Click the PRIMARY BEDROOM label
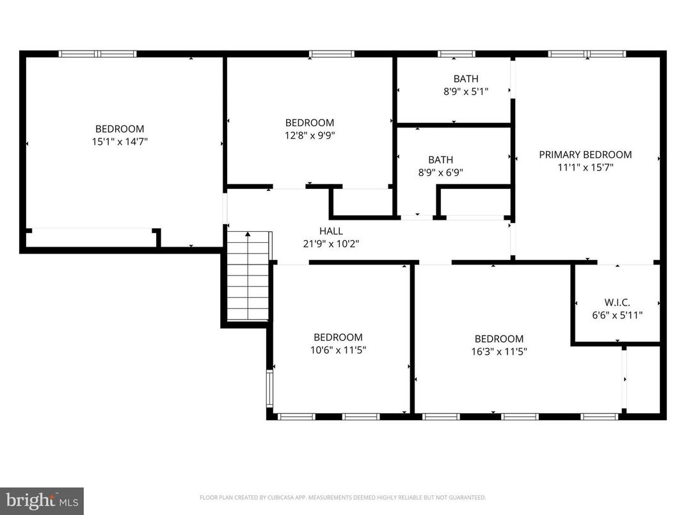click(x=585, y=154)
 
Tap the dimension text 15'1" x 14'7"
click(x=120, y=142)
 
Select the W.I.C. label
click(x=617, y=302)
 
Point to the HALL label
click(x=331, y=231)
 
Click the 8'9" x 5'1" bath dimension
click(x=466, y=92)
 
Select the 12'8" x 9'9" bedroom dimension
click(x=310, y=135)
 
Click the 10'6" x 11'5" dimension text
click(x=338, y=350)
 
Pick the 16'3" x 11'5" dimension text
click(x=499, y=351)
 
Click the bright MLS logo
click(x=42, y=500)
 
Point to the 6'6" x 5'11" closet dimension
click(x=617, y=315)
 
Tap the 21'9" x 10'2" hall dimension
click(x=331, y=243)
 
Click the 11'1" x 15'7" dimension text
click(x=585, y=167)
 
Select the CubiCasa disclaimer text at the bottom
click(x=342, y=497)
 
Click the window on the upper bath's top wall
click(x=456, y=54)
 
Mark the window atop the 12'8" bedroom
click(x=331, y=54)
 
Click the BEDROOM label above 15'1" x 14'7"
click(x=120, y=129)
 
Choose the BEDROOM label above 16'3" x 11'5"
click(x=499, y=339)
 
